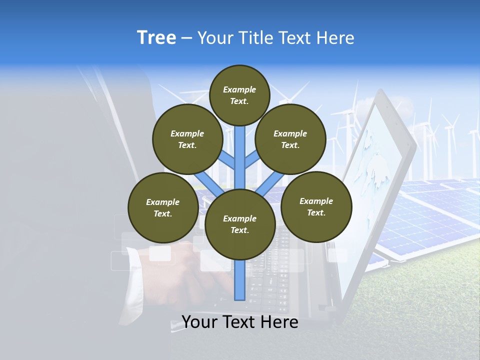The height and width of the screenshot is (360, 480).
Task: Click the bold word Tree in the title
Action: (156, 38)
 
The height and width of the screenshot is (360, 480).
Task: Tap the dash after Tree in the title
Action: (187, 38)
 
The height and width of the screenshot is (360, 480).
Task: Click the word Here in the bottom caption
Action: (279, 322)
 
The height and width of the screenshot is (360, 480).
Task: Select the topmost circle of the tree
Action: (239, 95)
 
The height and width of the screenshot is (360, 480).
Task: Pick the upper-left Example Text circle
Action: (187, 139)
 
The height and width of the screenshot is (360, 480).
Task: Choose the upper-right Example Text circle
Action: (290, 139)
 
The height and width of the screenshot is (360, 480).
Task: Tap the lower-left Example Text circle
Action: (162, 208)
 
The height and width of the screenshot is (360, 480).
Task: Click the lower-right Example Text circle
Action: (316, 207)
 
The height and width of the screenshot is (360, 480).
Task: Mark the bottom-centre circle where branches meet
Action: (240, 224)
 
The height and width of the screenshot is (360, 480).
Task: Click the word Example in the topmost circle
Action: (239, 89)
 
